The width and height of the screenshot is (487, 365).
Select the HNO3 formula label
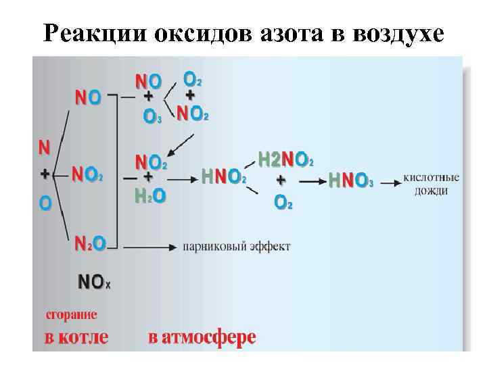tap(350, 180)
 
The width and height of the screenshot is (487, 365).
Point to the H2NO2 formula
tap(285, 160)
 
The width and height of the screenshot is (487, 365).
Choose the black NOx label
tap(95, 282)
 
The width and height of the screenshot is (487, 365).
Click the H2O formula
tap(150, 196)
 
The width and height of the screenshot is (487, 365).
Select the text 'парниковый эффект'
tap(237, 247)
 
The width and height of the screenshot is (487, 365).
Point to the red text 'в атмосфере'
tap(202, 337)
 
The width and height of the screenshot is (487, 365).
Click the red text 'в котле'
tap(76, 337)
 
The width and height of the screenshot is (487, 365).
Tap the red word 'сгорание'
tap(71, 314)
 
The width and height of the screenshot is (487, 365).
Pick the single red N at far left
tap(44, 146)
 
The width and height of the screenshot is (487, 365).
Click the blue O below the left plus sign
tap(45, 202)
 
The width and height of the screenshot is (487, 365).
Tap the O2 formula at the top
tap(193, 79)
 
